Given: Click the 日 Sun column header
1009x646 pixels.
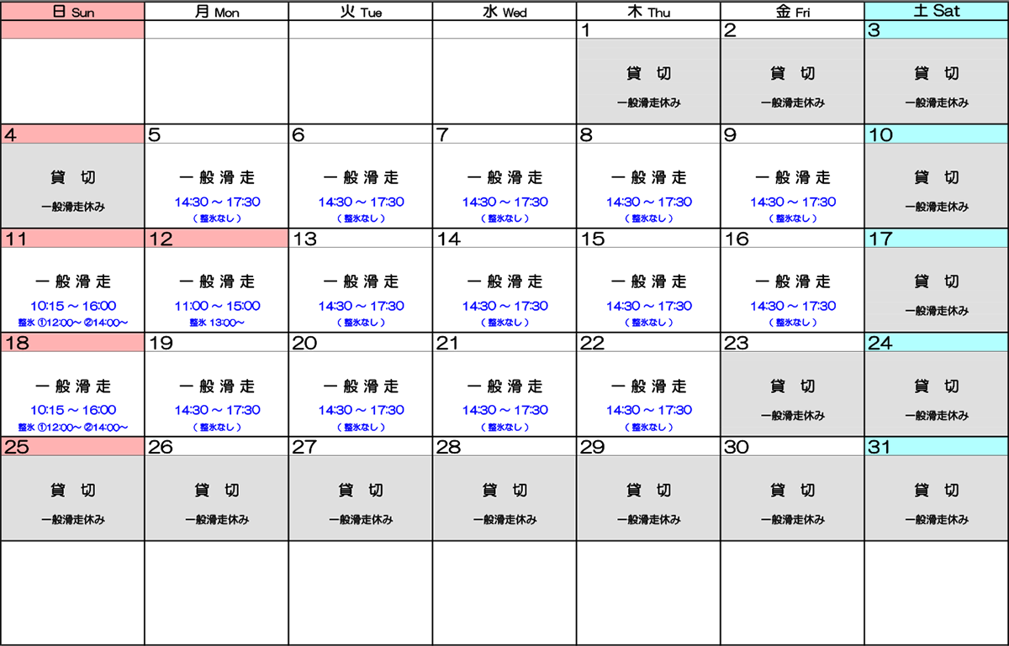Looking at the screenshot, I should point(72,12).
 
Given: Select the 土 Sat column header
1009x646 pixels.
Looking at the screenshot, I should point(936,12).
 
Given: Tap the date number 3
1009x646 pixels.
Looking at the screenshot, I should point(874,30).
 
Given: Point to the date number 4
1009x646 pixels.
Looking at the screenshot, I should point(10,134).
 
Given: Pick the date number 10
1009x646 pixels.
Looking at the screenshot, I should point(880,134).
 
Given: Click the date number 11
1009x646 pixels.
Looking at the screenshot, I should point(16,239).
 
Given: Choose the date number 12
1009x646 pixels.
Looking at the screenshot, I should point(160,239).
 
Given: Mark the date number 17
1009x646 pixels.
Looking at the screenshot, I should point(880,239).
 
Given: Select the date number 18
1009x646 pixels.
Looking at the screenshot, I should point(16,343).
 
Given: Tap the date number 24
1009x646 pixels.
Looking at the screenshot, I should point(880,343).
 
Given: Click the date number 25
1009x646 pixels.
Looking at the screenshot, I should point(16,447).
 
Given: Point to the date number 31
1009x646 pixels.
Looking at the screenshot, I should point(879,447).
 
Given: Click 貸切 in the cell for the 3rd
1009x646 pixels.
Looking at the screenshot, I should point(936,74).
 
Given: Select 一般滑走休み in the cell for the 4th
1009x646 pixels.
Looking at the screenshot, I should point(72,207).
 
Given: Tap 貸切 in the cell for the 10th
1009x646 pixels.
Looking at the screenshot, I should point(936,178).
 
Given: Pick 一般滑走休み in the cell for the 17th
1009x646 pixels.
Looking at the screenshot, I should point(936,311).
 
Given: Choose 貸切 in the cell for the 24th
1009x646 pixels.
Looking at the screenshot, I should point(936,386).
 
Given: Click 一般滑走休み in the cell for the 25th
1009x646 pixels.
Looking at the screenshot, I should point(72,520).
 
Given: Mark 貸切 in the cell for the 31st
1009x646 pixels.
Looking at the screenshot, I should point(936,491).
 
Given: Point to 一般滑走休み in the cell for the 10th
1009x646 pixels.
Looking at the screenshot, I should point(936,207).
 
